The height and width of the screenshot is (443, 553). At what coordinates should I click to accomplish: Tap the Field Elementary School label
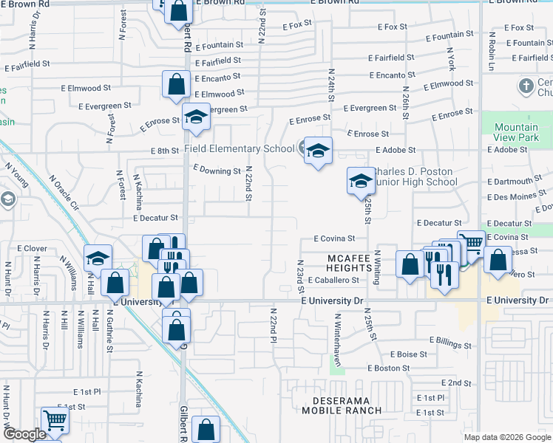239,148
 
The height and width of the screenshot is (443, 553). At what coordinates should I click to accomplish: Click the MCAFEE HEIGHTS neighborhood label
353,258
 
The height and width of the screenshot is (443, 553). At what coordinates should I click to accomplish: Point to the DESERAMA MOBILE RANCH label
342,405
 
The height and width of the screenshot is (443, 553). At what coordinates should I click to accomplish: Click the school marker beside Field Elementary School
318,151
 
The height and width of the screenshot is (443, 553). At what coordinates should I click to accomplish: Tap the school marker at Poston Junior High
360,181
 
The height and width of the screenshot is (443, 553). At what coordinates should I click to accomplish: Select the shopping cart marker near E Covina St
471,242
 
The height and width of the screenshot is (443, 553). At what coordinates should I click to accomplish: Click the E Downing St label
217,170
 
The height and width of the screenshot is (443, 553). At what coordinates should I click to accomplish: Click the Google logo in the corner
24,434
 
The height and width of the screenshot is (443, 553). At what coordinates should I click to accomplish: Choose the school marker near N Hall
98,259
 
